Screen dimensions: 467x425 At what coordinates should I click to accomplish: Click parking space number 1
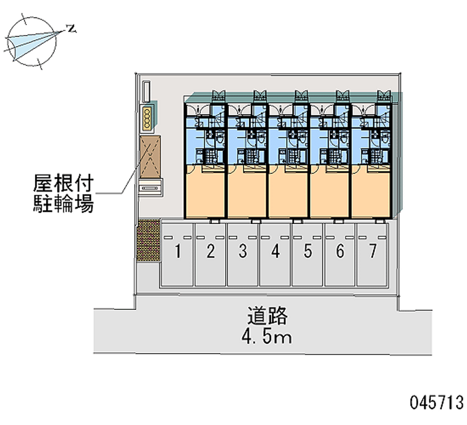pos(178,254)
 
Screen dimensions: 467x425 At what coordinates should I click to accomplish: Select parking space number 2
pos(210,254)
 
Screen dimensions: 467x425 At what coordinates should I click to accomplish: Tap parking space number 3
pos(243,254)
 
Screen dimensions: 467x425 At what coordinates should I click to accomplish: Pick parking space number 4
pos(275,254)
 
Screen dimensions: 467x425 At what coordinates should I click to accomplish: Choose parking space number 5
pos(308,254)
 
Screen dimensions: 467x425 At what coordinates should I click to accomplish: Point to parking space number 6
pos(340,254)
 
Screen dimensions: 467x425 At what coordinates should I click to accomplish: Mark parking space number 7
pos(372,254)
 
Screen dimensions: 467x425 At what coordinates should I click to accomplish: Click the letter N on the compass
pos(71,29)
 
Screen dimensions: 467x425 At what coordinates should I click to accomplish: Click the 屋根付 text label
pos(64,183)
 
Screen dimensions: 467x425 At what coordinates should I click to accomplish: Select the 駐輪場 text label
pos(64,203)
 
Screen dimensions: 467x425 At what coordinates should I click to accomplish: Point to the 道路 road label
pos(267,316)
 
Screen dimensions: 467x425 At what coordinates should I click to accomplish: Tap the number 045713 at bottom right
pos(437,402)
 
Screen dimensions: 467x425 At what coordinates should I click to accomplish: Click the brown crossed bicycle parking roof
pos(150,157)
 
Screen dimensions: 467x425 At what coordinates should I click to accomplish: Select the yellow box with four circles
pos(147,119)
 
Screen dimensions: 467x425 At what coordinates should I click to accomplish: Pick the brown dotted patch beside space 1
pos(148,240)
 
